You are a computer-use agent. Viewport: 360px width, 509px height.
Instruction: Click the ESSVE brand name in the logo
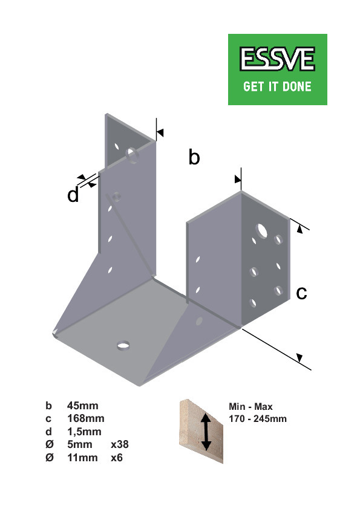tap(277, 59)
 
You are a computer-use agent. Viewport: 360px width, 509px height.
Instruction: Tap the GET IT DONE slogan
tap(277, 86)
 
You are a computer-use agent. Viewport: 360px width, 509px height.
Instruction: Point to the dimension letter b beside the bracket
tap(194, 157)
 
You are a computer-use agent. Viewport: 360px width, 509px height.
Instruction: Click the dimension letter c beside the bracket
tap(301, 293)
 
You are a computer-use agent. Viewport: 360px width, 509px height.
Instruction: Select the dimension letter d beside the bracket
tap(73, 195)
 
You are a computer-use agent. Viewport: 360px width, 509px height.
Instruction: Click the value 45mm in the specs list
tap(82, 406)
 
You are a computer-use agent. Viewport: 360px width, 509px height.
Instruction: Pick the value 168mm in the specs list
tap(86, 418)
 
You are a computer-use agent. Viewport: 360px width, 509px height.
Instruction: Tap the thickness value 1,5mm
tap(84, 432)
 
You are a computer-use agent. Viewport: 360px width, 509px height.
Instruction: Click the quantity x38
tap(120, 444)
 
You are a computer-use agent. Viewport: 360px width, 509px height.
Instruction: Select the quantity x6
tap(117, 458)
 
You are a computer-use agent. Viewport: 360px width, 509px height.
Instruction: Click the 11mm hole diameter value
tap(82, 458)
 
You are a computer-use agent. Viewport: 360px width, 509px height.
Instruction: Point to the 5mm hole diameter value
tap(80, 444)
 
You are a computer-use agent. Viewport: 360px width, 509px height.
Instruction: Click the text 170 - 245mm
tap(258, 418)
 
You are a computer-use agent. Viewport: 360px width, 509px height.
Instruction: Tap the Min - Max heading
tap(250, 406)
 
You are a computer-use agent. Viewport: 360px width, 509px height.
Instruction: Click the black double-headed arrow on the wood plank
tap(206, 432)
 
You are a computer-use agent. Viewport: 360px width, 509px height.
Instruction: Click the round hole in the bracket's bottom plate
tap(123, 345)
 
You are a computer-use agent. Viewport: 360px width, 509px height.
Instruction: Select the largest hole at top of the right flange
tap(261, 230)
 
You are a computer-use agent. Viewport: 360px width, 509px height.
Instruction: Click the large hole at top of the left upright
tap(133, 155)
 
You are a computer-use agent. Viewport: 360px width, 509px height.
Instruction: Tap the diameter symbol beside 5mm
tap(49, 444)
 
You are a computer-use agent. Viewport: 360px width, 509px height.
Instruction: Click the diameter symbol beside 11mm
tap(49, 458)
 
